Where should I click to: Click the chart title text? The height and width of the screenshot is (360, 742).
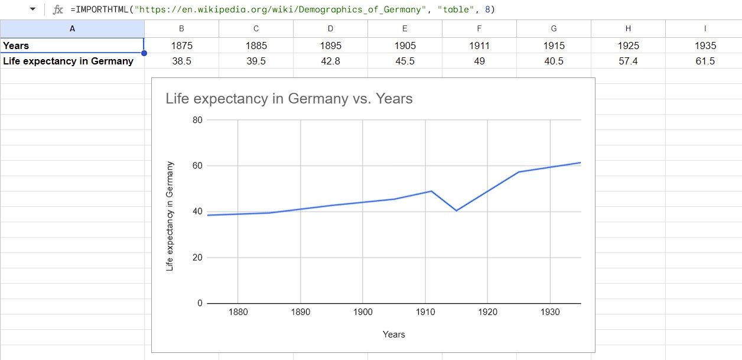tap(289, 99)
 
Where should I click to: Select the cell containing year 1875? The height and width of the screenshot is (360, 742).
tap(181, 46)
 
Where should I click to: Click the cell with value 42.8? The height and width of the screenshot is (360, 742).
tap(330, 61)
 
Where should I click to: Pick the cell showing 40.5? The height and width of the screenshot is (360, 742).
tap(554, 61)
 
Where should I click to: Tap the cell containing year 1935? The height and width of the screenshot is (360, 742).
tap(705, 46)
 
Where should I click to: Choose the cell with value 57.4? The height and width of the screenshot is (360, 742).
tap(628, 61)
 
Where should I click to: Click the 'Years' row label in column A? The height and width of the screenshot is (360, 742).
tap(17, 46)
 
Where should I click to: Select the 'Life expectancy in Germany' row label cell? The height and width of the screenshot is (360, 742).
tap(69, 61)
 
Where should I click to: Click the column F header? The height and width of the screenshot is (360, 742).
tap(479, 28)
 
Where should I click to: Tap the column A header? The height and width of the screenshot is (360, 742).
tap(72, 28)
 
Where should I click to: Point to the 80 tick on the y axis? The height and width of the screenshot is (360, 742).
tap(197, 120)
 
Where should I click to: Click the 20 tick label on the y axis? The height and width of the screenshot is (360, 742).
tap(197, 258)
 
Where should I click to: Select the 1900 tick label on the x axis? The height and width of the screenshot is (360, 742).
tap(363, 312)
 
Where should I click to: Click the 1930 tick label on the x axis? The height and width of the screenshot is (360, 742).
tap(550, 312)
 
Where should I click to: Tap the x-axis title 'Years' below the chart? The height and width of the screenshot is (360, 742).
tap(393, 335)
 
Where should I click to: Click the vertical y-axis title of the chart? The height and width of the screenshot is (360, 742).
tap(170, 216)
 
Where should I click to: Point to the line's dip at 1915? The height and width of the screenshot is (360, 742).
tap(457, 210)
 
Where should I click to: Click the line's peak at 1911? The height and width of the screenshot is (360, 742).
tap(432, 191)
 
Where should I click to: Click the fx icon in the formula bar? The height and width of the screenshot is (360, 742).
tap(58, 10)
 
